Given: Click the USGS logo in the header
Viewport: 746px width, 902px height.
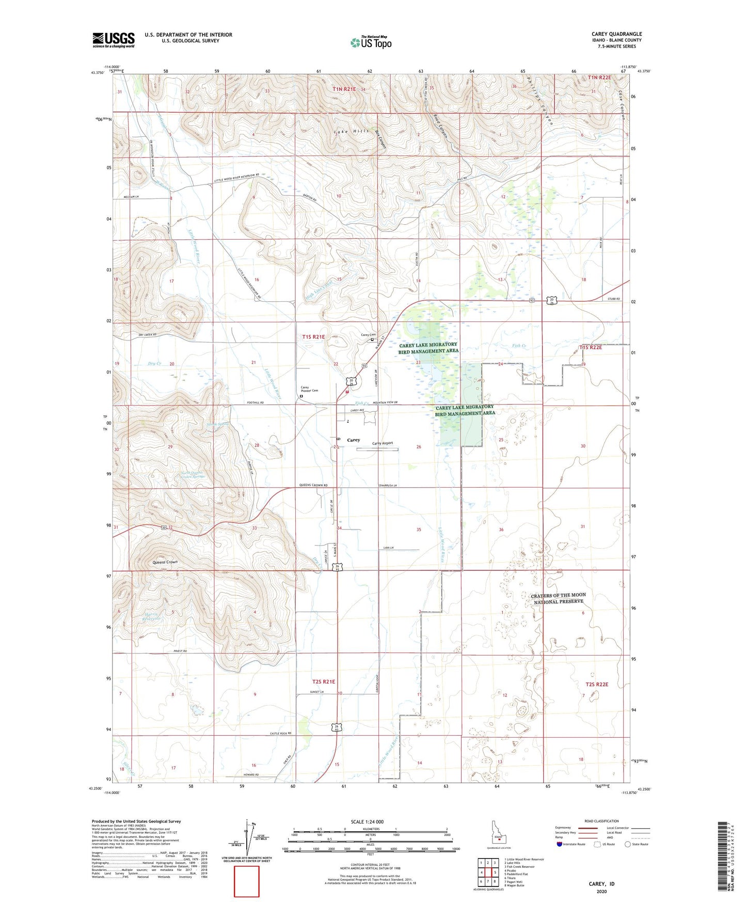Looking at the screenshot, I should coord(114,40).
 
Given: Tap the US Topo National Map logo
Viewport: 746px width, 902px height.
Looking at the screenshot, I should coord(371,42).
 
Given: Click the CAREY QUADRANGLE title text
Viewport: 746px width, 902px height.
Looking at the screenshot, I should coord(616,34).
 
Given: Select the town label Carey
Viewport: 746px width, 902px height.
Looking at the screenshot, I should coord(354,440).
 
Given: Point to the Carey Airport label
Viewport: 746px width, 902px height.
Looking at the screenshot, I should coord(383,443).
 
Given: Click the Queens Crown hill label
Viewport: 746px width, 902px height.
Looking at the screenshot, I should coord(165,562).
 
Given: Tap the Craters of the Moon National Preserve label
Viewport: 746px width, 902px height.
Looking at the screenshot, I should coord(558,598).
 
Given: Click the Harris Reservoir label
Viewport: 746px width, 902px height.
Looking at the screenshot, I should coord(152,616).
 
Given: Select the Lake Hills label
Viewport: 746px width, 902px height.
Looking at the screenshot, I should coord(352,132).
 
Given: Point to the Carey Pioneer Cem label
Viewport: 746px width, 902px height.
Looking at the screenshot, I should coord(310,389).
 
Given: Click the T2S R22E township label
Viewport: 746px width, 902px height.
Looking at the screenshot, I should coord(597,684).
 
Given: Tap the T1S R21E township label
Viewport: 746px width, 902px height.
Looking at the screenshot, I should coord(313,337).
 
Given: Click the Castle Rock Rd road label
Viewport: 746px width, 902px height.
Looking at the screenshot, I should coord(281,734).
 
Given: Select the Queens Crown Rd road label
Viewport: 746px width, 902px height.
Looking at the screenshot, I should coord(313,485).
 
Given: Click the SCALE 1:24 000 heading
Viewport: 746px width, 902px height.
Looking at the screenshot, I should coord(367,821).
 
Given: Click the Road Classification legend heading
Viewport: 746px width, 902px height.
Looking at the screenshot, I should coord(601,821).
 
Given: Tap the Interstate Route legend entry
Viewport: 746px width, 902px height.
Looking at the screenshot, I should coord(570,844).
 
